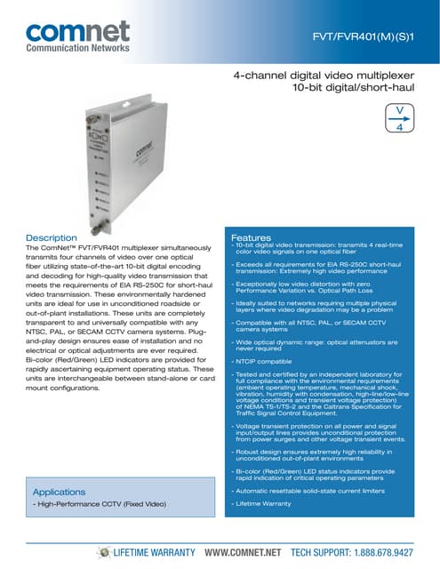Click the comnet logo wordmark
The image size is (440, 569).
(x=78, y=32)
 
